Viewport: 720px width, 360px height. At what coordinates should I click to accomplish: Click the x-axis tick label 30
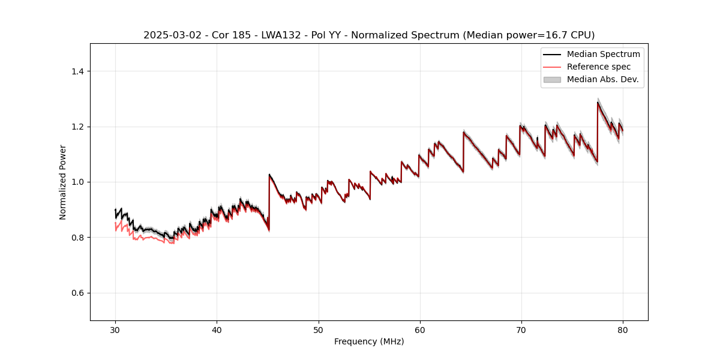(x=115, y=329)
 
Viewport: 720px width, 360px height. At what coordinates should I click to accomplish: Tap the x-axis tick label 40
(x=217, y=329)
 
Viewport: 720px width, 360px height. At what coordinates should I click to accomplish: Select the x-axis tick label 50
(x=319, y=329)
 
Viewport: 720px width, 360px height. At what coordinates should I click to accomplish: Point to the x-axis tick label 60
(x=420, y=329)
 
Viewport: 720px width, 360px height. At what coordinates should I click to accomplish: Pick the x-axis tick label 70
(x=521, y=329)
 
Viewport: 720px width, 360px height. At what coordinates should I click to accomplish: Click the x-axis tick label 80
(x=623, y=329)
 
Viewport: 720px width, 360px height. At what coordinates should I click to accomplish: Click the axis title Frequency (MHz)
(x=369, y=341)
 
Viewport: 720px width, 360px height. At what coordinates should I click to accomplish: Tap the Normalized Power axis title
(x=63, y=182)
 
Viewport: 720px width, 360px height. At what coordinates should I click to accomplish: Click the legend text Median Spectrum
(x=603, y=54)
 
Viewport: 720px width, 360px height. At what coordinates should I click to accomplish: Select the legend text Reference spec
(x=599, y=67)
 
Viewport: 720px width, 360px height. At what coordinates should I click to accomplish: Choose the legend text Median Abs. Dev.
(x=602, y=79)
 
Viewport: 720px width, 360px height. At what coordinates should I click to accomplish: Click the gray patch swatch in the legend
(x=552, y=79)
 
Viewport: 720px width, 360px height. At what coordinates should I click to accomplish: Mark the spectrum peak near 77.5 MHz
(x=598, y=102)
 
